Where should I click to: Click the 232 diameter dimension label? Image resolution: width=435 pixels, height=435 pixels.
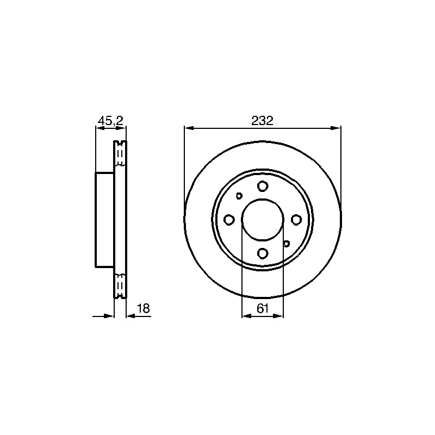point(263,121)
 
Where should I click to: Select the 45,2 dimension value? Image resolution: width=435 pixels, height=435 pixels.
point(111,121)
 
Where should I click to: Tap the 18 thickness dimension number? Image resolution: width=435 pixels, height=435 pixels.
point(144,308)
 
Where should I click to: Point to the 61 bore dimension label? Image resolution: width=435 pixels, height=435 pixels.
point(263,308)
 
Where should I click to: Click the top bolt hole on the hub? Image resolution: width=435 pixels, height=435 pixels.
point(263,185)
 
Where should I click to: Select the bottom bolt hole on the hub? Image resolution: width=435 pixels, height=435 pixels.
point(263,253)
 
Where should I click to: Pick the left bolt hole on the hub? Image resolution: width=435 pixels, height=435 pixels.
point(229,220)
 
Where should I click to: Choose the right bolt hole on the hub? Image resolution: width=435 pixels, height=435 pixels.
point(296,220)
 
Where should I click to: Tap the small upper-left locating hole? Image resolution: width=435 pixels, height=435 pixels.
point(239,196)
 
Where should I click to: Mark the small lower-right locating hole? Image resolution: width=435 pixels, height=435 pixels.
point(287,244)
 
